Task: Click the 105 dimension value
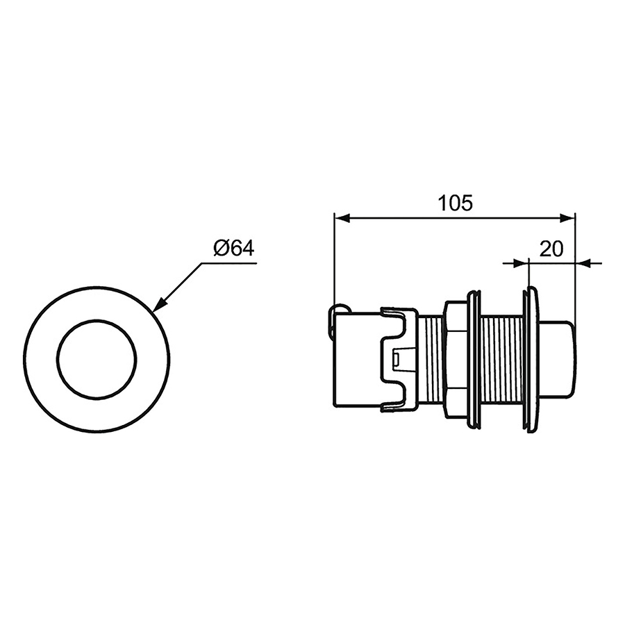point(455,203)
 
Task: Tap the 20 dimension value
point(551,249)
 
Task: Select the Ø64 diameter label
point(234,249)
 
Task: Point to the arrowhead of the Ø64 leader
point(158,306)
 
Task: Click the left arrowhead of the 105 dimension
point(341,218)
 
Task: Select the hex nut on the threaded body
point(455,360)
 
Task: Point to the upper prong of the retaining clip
point(398,314)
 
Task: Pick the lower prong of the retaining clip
point(398,406)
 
